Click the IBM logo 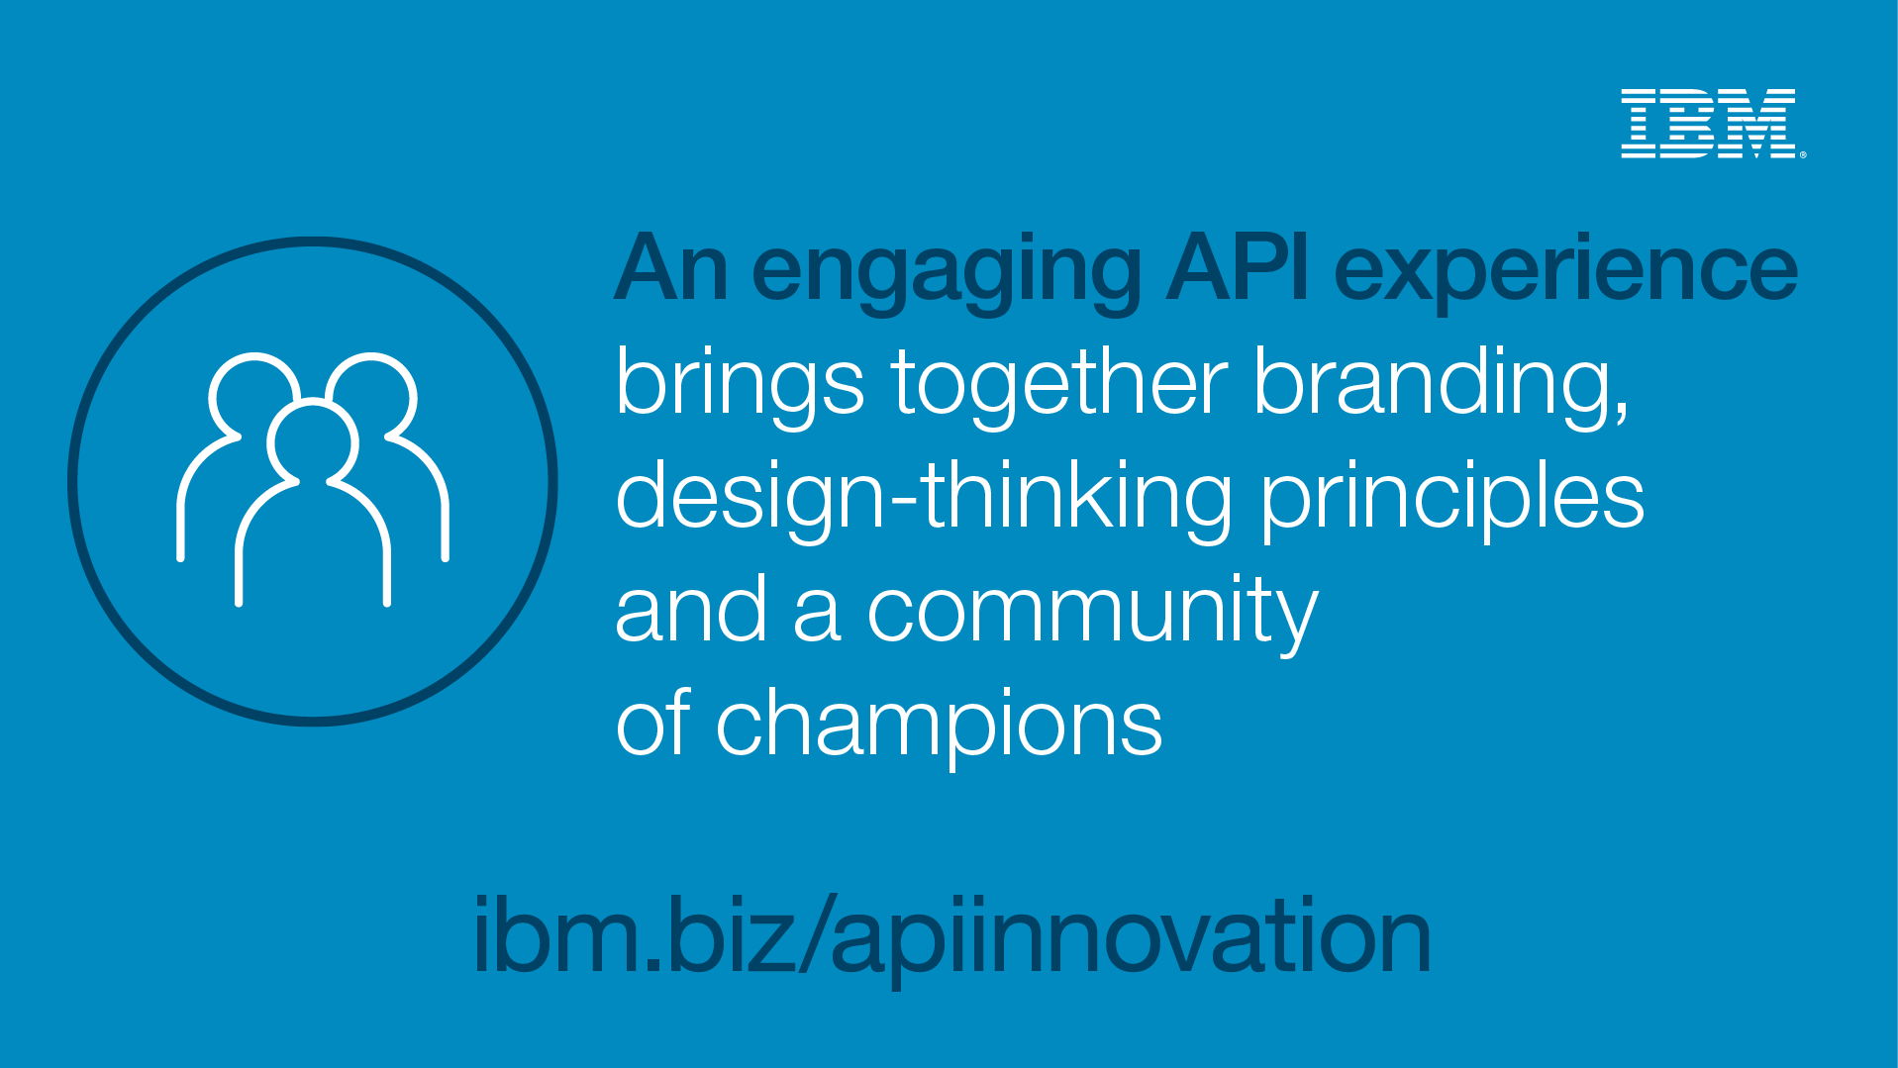coord(1708,124)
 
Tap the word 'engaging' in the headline coord(946,273)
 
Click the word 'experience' coord(1565,273)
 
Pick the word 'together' coord(1059,387)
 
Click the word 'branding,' coord(1442,387)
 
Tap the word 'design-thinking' coord(924,500)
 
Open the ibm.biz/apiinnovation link coord(952,935)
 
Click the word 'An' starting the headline coord(670,266)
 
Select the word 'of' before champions coord(652,722)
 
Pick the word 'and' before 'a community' coord(691,608)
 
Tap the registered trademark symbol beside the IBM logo coord(1803,154)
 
